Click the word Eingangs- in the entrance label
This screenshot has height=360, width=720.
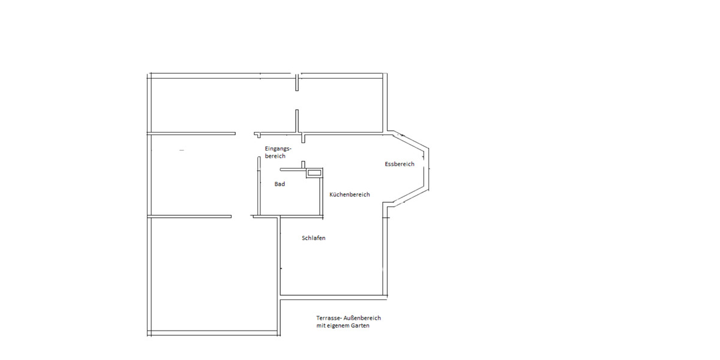click(277, 148)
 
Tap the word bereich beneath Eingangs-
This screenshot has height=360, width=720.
click(275, 156)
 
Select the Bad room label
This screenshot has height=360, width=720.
click(280, 184)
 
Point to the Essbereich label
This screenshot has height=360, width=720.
click(400, 164)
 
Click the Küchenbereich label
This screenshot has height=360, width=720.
click(350, 194)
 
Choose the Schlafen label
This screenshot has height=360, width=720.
click(313, 238)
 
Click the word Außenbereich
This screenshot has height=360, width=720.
click(363, 318)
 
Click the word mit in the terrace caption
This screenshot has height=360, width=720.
click(320, 326)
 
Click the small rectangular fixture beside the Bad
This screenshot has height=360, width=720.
click(314, 173)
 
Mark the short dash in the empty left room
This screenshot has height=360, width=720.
click(182, 149)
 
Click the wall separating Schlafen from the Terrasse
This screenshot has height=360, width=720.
click(333, 295)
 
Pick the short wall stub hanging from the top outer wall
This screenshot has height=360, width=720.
click(297, 83)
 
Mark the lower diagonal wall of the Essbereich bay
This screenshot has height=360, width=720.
click(408, 198)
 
